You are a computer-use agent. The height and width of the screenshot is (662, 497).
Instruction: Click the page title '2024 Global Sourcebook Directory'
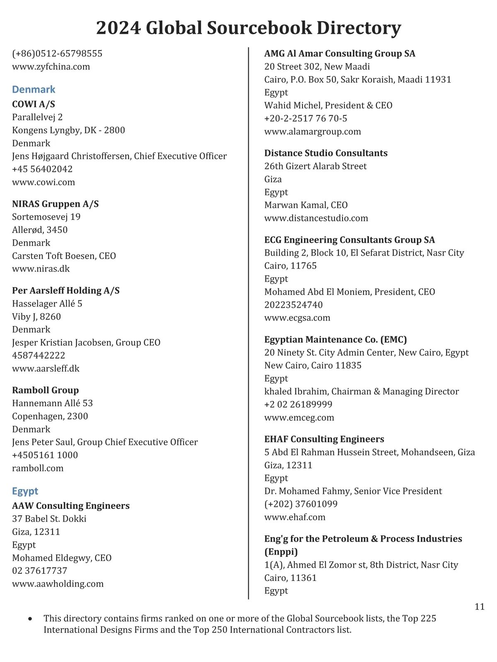(x=248, y=28)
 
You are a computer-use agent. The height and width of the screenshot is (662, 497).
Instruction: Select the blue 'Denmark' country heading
(x=34, y=89)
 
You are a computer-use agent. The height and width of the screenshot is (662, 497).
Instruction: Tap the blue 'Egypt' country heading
(x=25, y=491)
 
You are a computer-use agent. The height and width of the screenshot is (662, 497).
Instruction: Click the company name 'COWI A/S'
(x=34, y=104)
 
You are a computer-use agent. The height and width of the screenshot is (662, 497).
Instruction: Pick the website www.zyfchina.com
(x=51, y=67)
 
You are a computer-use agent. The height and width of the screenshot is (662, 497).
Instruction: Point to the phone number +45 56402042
(x=42, y=169)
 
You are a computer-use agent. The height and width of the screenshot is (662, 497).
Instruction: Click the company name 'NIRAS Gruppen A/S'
(x=55, y=204)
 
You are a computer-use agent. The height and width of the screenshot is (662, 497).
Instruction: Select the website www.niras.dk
(x=41, y=269)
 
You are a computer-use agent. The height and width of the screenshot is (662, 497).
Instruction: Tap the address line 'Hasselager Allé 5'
(x=47, y=304)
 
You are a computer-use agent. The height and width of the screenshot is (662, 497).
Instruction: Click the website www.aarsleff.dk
(x=46, y=369)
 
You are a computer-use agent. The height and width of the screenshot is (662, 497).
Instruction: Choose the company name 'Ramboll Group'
(x=46, y=390)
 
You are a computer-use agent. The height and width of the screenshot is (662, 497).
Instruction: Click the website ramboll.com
(x=38, y=468)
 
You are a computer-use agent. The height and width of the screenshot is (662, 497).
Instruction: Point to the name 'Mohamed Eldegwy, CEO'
(x=62, y=558)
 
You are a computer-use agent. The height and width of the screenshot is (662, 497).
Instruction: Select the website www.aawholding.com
(x=58, y=584)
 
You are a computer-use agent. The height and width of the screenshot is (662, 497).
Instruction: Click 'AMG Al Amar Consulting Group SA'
(x=340, y=53)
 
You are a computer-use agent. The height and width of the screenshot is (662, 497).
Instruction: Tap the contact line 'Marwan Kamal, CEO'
(x=306, y=205)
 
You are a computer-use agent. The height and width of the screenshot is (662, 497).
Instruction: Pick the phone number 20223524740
(x=294, y=305)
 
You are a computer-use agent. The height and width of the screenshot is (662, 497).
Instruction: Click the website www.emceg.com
(x=299, y=417)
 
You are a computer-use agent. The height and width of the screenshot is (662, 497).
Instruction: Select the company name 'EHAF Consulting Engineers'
(x=324, y=439)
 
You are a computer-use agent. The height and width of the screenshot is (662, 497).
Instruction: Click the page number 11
(x=480, y=607)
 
